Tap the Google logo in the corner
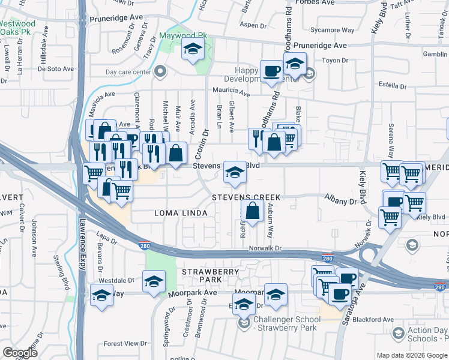[20, 353]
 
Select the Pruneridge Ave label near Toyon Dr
[324, 46]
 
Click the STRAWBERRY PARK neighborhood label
[210, 276]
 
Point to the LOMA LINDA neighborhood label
[181, 213]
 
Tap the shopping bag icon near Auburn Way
[253, 210]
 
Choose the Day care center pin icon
[160, 73]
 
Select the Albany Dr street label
[340, 202]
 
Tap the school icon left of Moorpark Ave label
[154, 281]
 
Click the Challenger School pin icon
[244, 324]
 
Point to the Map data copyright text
[412, 355]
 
